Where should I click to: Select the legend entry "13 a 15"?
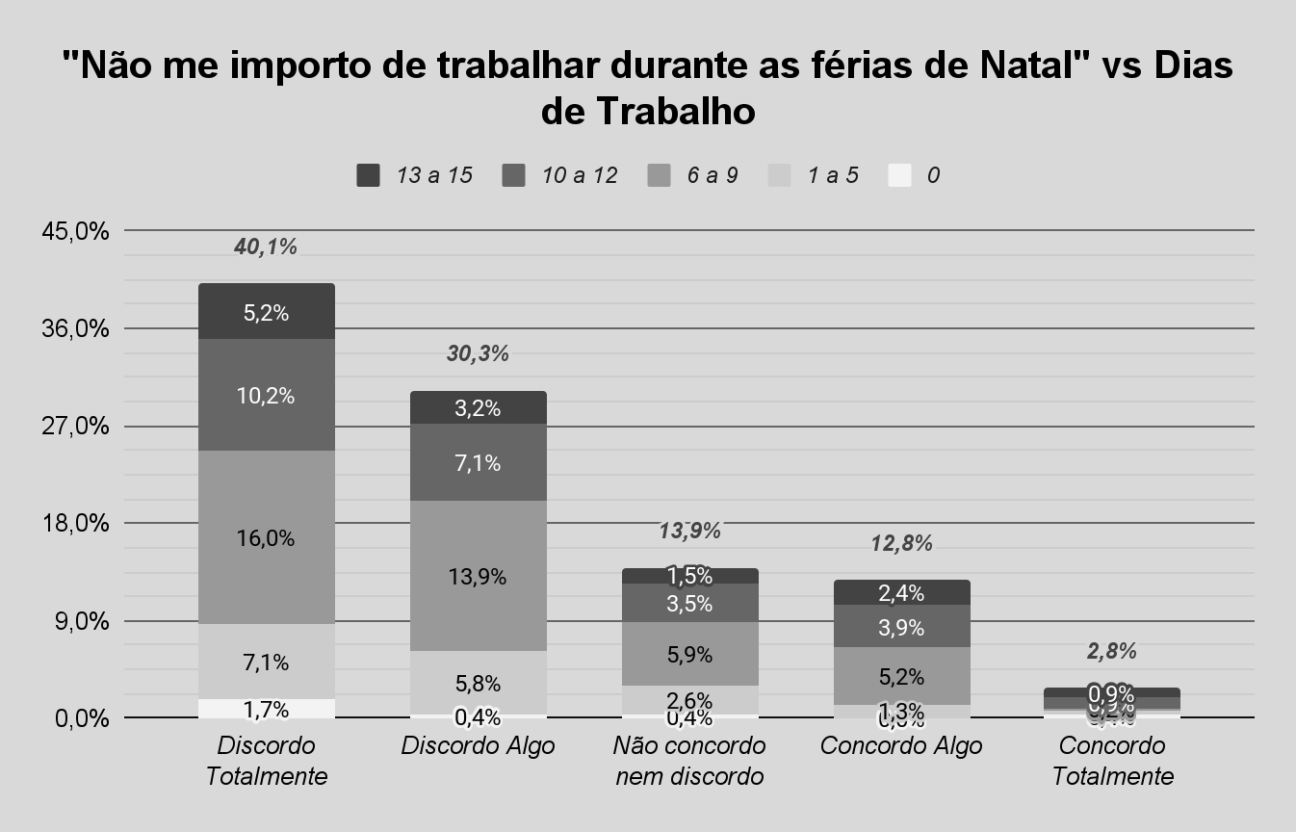pos(414,175)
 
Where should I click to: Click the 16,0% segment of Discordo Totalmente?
pos(266,537)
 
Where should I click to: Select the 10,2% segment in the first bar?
pos(266,395)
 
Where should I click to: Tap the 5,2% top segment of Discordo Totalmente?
pos(266,312)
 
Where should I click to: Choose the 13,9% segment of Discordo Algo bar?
pos(478,576)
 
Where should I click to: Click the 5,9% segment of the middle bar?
pos(689,654)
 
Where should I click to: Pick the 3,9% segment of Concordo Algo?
pos(901,627)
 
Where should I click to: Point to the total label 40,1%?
pos(266,247)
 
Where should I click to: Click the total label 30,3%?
pos(478,353)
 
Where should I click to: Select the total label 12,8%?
pos(901,543)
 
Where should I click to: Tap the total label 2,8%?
pos(1112,651)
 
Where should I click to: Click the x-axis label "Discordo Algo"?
pos(478,746)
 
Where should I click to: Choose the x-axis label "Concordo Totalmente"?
pos(1112,761)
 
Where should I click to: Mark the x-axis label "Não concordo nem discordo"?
pos(689,761)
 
